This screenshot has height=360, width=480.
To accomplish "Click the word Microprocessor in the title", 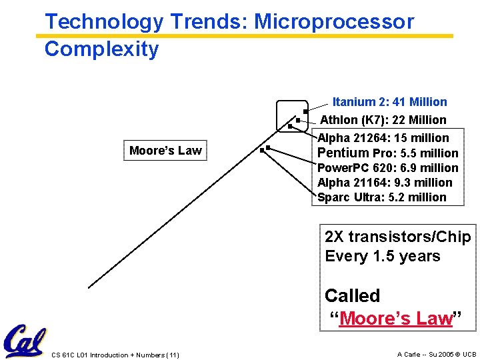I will (334, 21).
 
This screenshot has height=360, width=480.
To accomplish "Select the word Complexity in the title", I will (101, 49).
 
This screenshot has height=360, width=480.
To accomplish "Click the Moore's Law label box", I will (165, 151).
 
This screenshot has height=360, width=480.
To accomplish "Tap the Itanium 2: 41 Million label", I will (389, 102).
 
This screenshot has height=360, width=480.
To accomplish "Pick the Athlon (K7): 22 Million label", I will (383, 120).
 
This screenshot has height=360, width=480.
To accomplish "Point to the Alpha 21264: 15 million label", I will (383, 138).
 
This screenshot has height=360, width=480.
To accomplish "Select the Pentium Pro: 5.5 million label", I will (387, 153).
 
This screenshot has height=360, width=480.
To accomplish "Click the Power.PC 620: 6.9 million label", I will (387, 168).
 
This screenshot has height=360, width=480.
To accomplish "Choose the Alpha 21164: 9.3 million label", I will (385, 183).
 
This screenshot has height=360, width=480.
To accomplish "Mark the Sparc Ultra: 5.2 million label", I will (381, 197).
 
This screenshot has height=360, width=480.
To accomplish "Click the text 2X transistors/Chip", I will (397, 237).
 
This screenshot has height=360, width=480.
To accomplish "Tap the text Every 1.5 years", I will (382, 257).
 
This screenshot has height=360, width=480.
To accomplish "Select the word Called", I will (352, 295).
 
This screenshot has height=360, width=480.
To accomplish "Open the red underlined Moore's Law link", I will (396, 319).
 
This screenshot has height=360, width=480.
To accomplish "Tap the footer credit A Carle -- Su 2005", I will (436, 355).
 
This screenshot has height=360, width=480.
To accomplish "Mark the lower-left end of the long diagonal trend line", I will (89, 287).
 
